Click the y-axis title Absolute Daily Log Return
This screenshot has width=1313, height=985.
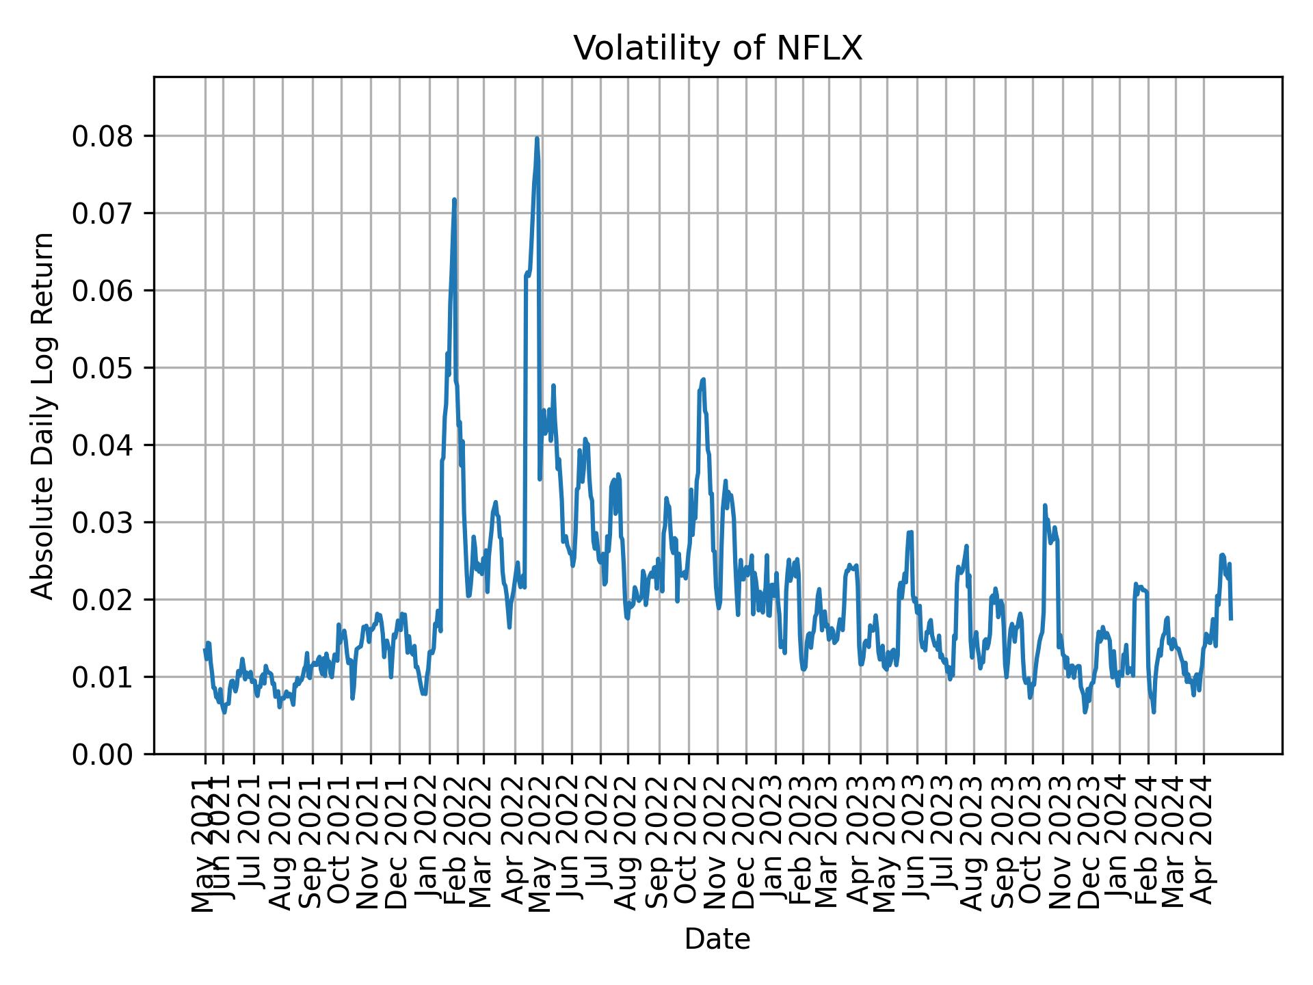(x=44, y=415)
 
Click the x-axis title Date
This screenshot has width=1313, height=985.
(x=717, y=939)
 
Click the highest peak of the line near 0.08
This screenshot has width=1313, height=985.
(x=537, y=139)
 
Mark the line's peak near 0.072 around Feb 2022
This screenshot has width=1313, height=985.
(x=454, y=200)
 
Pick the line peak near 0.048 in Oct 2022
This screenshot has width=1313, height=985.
(x=702, y=380)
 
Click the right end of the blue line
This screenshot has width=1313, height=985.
(x=1231, y=619)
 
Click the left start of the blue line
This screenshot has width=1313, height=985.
(x=205, y=650)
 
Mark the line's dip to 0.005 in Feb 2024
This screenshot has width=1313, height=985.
(x=1154, y=712)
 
